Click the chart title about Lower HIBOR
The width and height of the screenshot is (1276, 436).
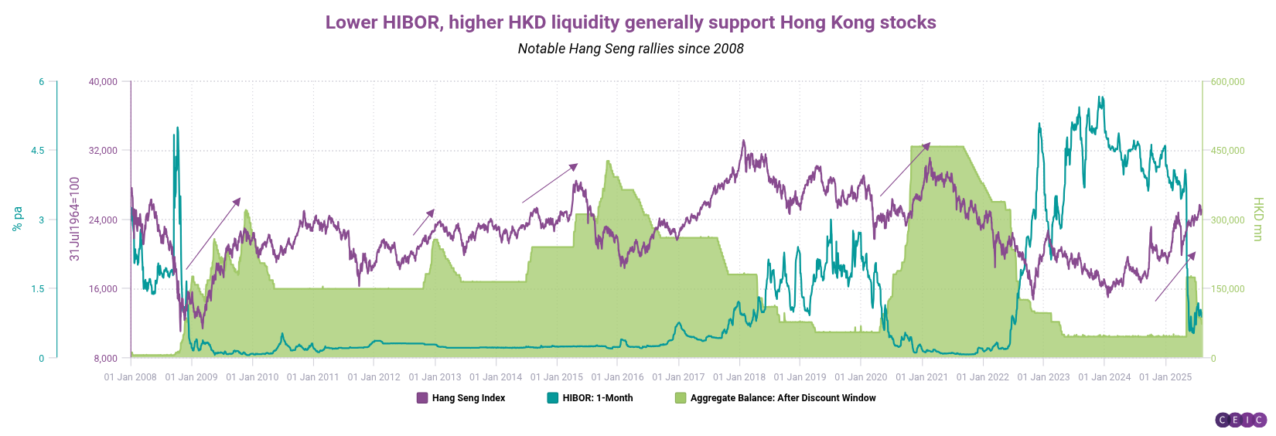click(x=630, y=22)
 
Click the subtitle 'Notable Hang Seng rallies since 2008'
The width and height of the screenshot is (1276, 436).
click(x=630, y=49)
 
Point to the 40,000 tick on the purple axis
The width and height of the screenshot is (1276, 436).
click(x=103, y=82)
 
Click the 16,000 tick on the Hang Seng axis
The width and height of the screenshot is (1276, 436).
click(x=103, y=289)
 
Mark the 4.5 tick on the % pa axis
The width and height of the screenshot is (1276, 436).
click(x=37, y=151)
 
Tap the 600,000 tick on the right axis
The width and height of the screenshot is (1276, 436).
click(x=1227, y=82)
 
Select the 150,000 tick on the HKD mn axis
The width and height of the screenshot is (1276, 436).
click(x=1227, y=289)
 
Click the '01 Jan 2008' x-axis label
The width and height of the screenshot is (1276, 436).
click(x=130, y=377)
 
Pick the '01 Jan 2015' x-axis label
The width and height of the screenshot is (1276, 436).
click(x=557, y=377)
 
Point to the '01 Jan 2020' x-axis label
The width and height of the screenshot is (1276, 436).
click(x=861, y=377)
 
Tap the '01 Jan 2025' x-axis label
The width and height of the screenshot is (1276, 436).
click(x=1165, y=377)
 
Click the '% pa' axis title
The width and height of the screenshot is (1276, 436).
click(x=17, y=219)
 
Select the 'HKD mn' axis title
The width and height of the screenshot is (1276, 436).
click(x=1258, y=219)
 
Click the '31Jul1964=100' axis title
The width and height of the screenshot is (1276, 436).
click(x=75, y=219)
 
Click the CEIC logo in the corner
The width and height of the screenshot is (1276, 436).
click(x=1240, y=420)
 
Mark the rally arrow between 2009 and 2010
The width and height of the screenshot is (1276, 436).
click(x=213, y=234)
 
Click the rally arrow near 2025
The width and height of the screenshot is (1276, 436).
click(x=1175, y=277)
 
